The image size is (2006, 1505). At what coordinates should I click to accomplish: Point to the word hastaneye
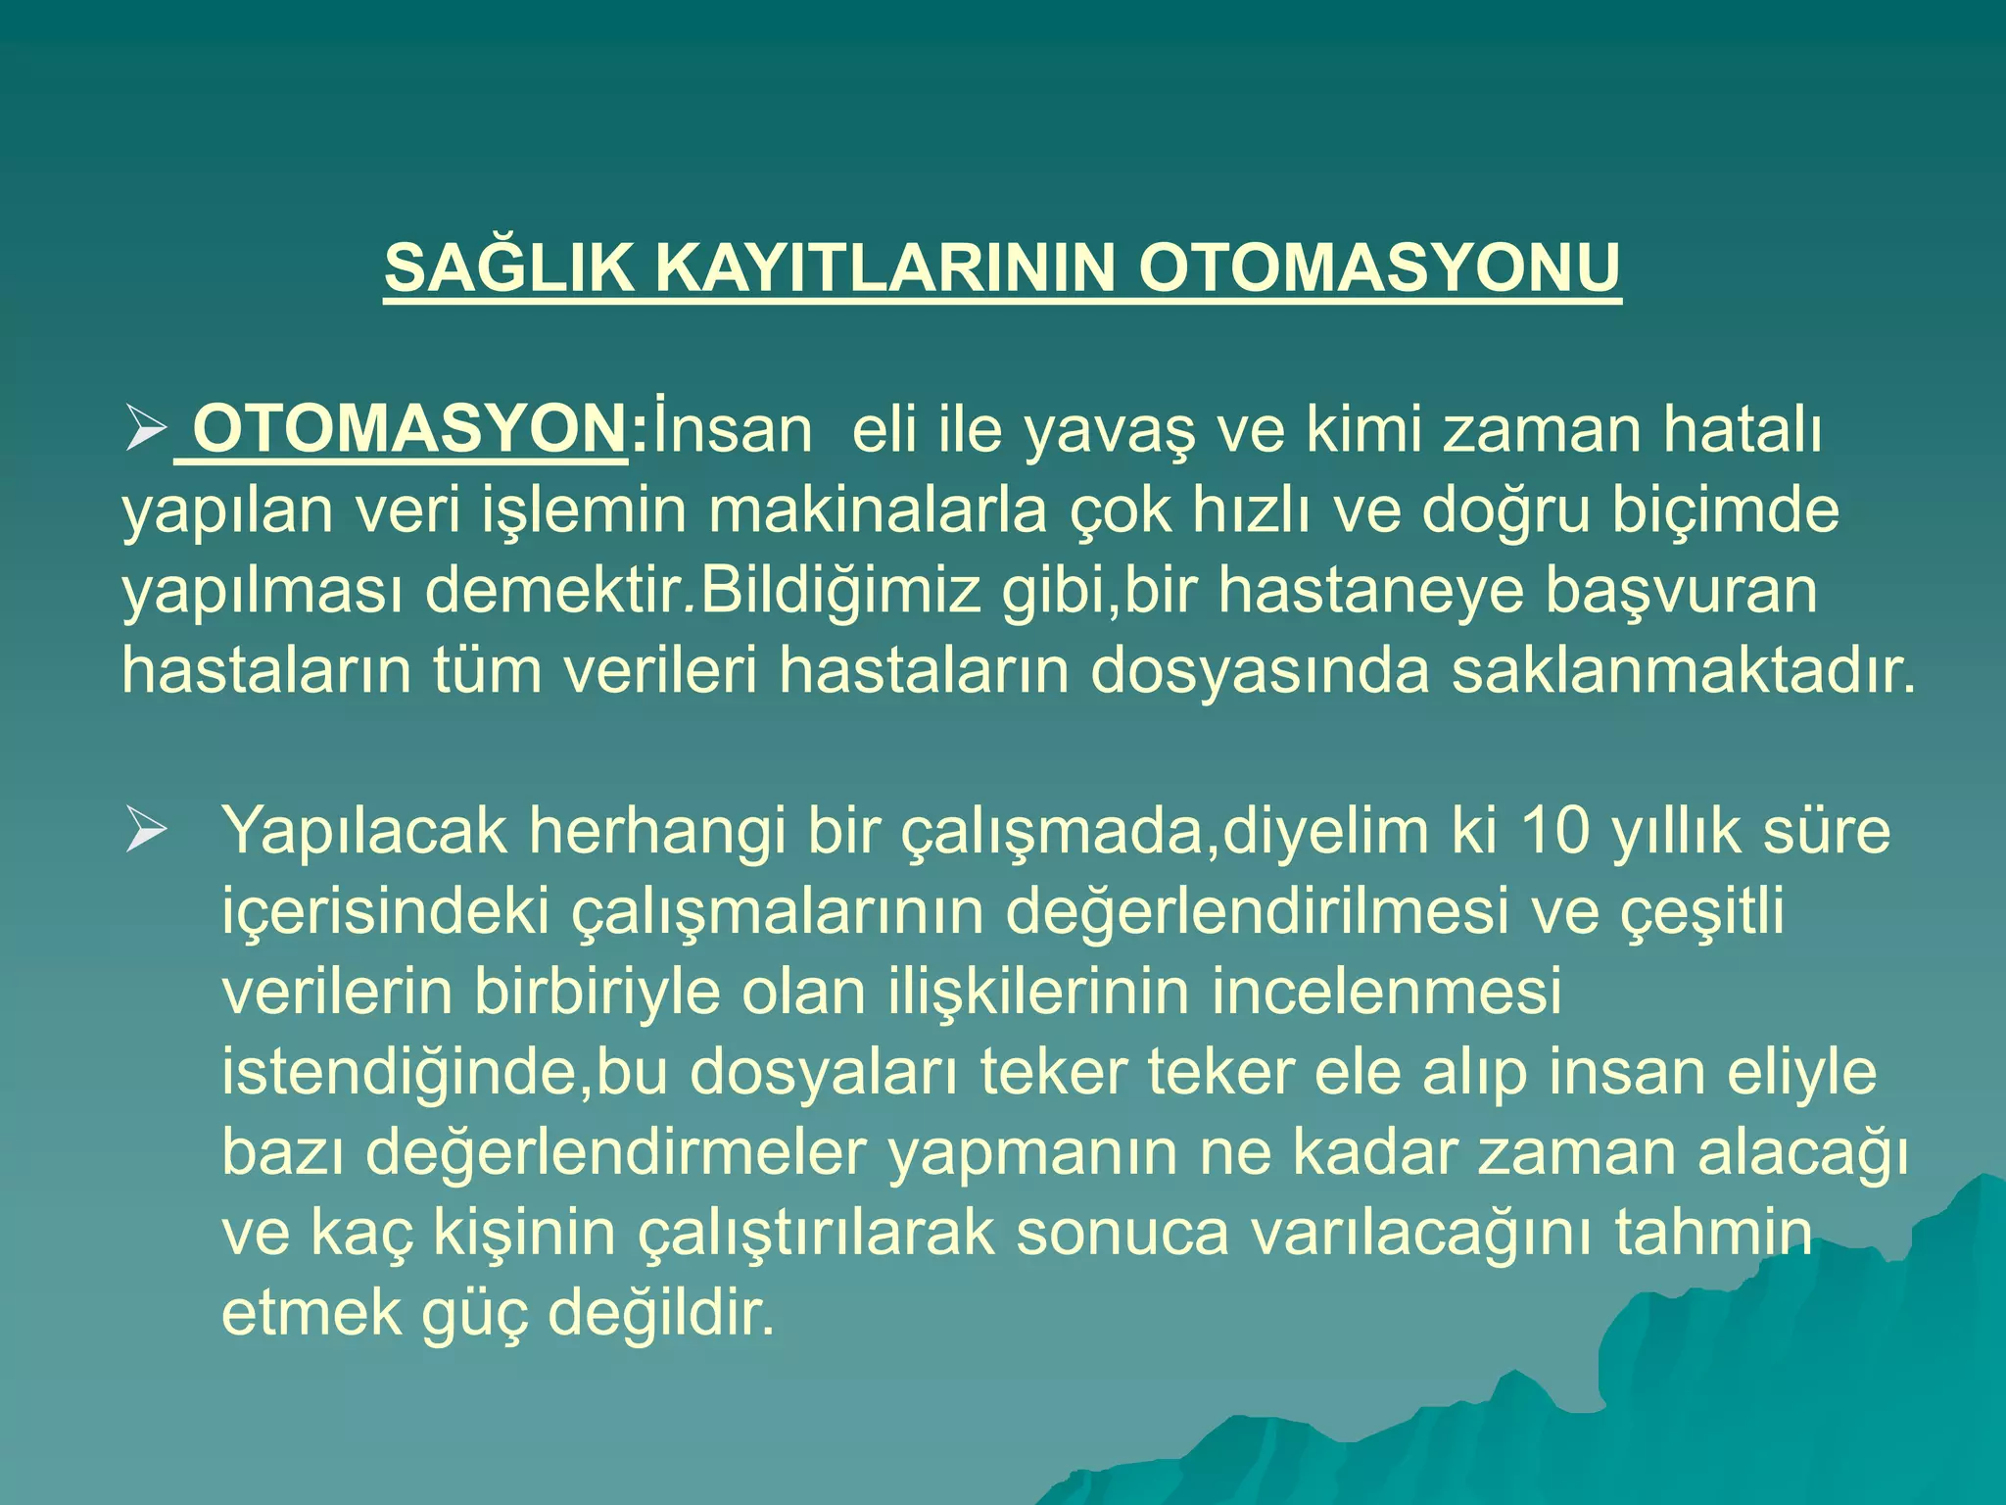(x=1370, y=591)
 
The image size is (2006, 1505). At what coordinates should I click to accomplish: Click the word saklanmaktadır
(x=1683, y=671)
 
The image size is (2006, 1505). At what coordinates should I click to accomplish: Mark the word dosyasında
(x=1260, y=671)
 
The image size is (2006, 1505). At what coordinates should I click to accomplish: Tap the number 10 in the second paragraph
(x=1557, y=832)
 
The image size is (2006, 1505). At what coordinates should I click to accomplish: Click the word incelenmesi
(x=1386, y=993)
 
